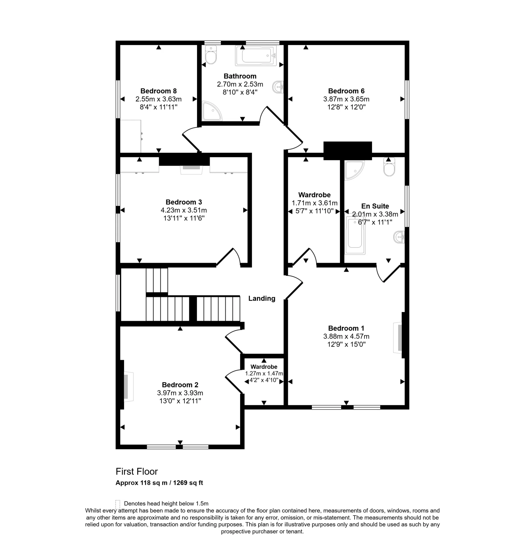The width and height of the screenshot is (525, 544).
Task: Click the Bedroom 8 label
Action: (158, 91)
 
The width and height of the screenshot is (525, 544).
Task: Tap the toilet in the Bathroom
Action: (211, 55)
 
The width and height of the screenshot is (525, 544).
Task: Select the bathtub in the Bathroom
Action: (256, 56)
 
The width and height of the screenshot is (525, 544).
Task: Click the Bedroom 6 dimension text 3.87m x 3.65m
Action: (346, 99)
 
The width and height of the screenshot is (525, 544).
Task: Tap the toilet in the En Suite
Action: (389, 167)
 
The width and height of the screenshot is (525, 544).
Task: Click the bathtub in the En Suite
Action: (355, 234)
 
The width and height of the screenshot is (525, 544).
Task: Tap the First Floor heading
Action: (137, 472)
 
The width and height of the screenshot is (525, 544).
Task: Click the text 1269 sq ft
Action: (188, 483)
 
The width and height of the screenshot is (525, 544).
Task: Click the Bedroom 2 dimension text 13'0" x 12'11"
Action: (180, 401)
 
